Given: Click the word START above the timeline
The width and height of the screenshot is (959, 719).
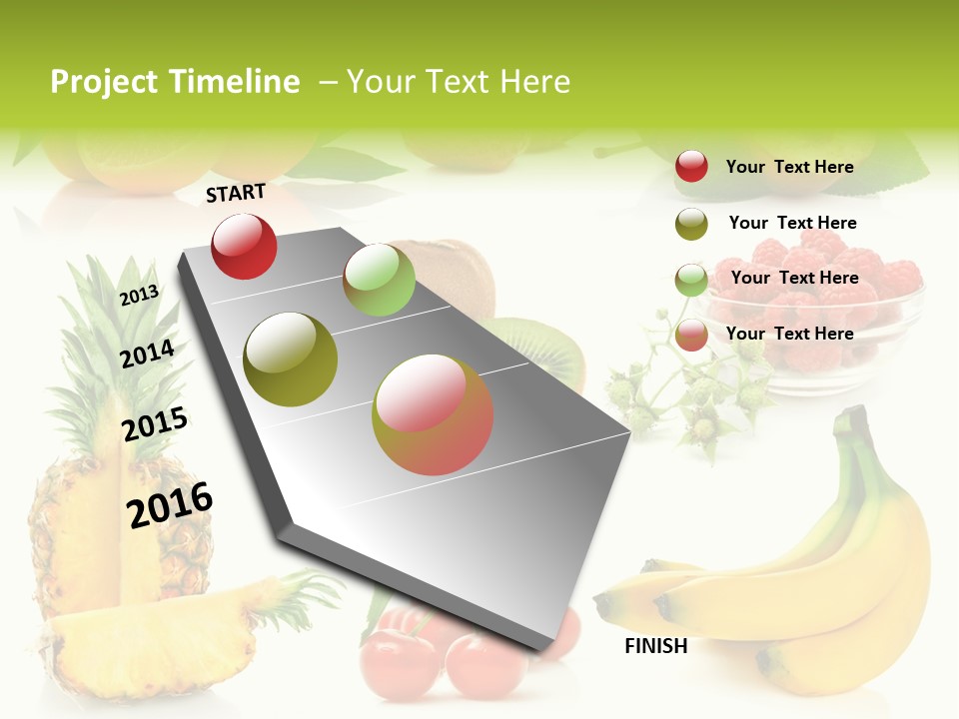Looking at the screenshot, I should click(236, 193).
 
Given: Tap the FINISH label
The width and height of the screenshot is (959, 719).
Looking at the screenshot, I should click(655, 646).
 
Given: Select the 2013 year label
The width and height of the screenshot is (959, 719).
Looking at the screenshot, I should click(139, 295).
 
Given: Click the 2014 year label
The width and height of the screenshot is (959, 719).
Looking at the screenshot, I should click(147, 354).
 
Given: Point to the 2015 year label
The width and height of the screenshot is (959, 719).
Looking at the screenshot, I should click(155, 423).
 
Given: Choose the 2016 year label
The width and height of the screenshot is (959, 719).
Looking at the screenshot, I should click(170, 504).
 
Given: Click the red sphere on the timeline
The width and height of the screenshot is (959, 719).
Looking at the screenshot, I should click(244, 246).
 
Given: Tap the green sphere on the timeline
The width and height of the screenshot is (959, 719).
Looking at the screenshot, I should click(379, 280).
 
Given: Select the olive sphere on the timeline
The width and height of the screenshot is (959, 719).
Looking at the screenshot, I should click(291, 359).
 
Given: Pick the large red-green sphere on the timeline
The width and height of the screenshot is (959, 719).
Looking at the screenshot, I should click(433, 414).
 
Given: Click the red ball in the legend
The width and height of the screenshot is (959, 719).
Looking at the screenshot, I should click(691, 167).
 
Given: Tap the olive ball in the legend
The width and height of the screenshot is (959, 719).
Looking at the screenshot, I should click(691, 224).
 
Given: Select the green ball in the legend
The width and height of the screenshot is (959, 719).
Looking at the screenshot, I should click(691, 280).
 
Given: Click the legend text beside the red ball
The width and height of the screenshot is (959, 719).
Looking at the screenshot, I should click(789, 167).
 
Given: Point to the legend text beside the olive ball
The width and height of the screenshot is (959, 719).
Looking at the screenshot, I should click(792, 223).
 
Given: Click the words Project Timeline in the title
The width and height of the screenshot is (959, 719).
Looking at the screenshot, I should click(175, 82).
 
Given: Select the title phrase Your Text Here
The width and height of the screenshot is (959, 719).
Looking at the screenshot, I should click(459, 82).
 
